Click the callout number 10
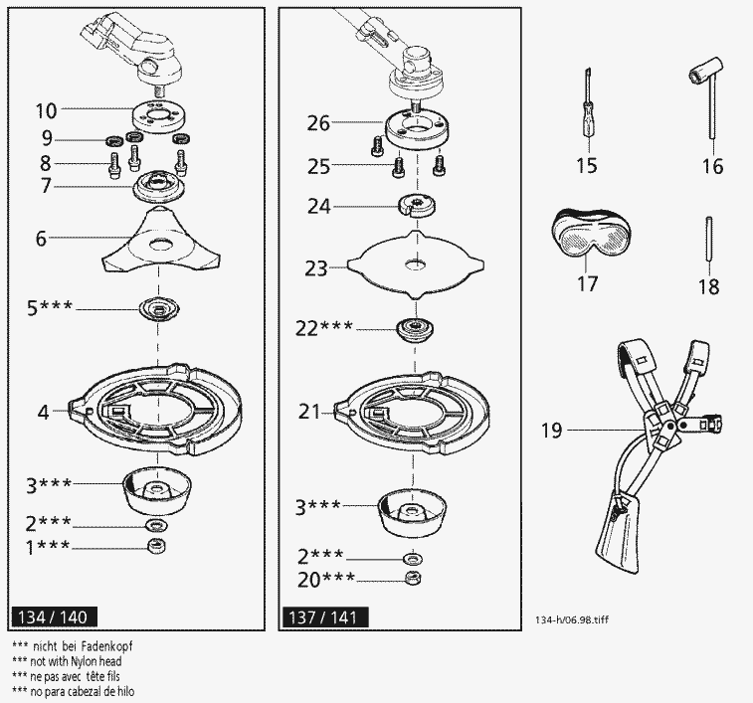(x=46, y=109)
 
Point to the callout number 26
(x=318, y=124)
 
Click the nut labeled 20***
(x=410, y=579)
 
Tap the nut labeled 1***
(x=155, y=546)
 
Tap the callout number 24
(x=318, y=207)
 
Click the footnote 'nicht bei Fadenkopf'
(x=75, y=645)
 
